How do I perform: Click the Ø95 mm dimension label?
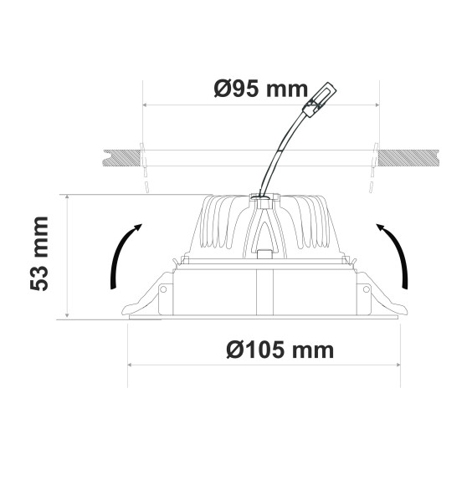[261, 89]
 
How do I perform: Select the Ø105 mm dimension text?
[280, 350]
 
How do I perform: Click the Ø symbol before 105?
[235, 350]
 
